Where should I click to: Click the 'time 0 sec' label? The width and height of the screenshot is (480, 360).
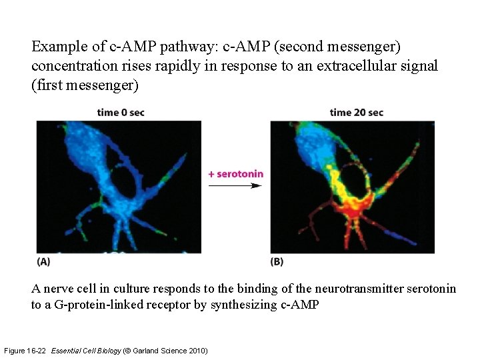pos(120,112)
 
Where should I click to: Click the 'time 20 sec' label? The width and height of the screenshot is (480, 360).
pos(356,112)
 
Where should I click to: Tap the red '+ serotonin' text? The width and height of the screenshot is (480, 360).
pos(235,174)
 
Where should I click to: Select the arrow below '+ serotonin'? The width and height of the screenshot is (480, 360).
pos(235,185)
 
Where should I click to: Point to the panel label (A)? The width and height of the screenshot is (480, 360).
pos(43,262)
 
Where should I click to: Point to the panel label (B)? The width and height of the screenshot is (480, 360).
pos(277,262)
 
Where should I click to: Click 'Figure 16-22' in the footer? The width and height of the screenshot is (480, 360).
pos(25,351)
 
